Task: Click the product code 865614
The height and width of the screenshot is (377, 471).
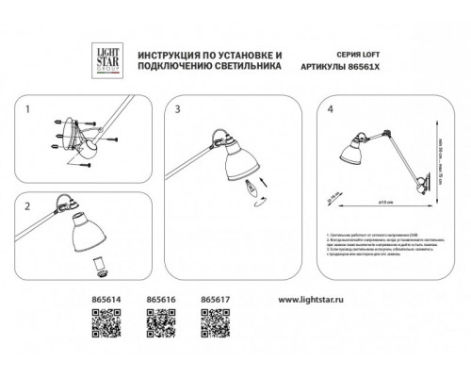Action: [x=105, y=300]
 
